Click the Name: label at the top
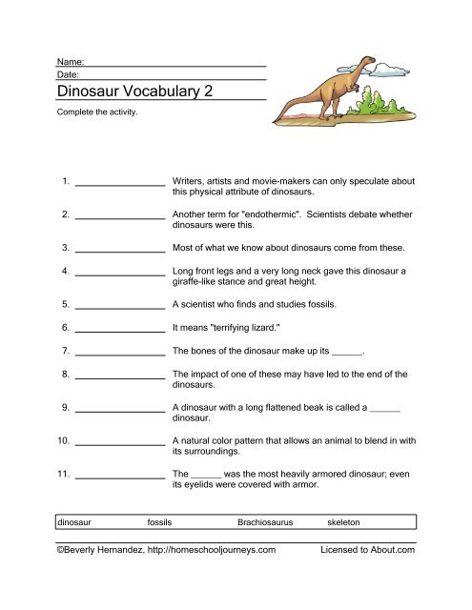(x=72, y=60)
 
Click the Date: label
(x=69, y=73)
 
